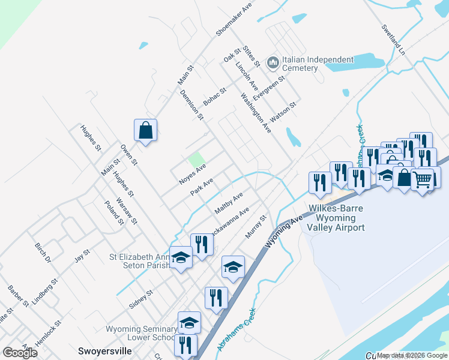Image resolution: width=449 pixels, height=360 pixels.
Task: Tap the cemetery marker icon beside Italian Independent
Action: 273,62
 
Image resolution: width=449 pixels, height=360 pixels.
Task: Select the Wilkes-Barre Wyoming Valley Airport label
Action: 336,218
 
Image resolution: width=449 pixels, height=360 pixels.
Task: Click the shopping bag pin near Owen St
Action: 145,130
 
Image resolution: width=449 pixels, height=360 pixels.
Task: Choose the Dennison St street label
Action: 192,104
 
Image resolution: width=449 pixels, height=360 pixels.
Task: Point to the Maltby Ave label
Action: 229,203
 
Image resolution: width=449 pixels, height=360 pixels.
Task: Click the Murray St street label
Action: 255,226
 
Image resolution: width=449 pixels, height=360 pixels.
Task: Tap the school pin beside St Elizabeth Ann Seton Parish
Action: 181,258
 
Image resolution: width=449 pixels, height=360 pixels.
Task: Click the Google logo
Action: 20,353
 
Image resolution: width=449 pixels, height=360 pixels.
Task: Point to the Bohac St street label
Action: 214,97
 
